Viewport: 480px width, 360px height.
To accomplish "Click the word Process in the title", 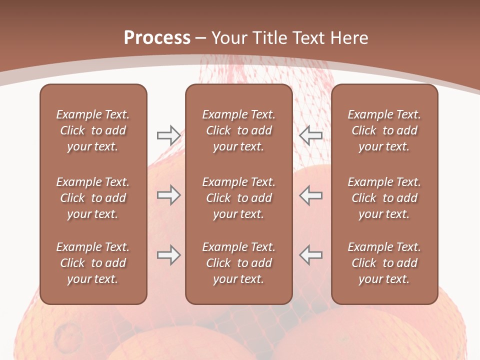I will pyautogui.click(x=157, y=38).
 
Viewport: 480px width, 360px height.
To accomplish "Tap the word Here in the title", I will pyautogui.click(x=349, y=38).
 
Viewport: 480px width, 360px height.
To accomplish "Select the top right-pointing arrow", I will pyautogui.click(x=168, y=135).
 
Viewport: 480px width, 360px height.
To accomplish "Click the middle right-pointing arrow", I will pyautogui.click(x=168, y=195).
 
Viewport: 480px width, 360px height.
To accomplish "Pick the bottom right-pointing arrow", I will pyautogui.click(x=168, y=255).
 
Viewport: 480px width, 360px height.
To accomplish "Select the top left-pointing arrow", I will pyautogui.click(x=311, y=135).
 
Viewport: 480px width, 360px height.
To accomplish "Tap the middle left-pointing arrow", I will pyautogui.click(x=311, y=195).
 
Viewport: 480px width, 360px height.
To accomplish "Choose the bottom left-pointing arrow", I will pyautogui.click(x=311, y=255).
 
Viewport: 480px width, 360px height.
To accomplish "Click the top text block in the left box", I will pyautogui.click(x=93, y=130).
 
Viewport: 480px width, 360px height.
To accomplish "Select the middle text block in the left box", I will pyautogui.click(x=93, y=198).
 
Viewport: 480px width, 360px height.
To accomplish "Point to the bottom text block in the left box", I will pyautogui.click(x=93, y=263).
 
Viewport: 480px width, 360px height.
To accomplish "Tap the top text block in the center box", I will pyautogui.click(x=238, y=130).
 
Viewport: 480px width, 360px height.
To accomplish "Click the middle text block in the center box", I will pyautogui.click(x=238, y=198).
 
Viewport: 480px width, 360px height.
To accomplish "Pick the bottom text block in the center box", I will pyautogui.click(x=238, y=263).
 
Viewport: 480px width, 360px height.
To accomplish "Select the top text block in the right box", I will pyautogui.click(x=384, y=130).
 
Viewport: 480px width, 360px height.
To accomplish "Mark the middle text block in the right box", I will pyautogui.click(x=384, y=198).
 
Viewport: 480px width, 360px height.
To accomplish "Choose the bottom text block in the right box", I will pyautogui.click(x=384, y=263).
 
